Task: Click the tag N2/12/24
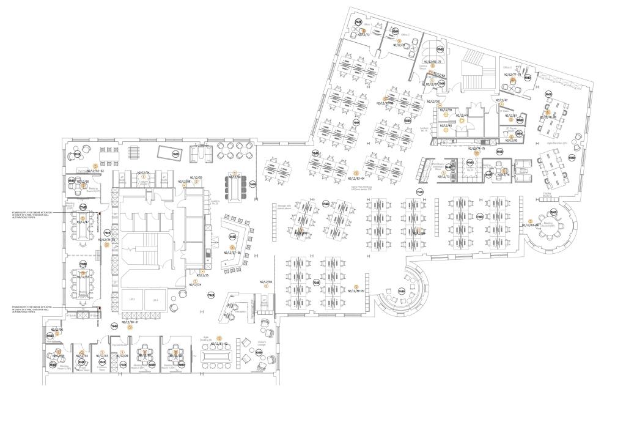pos(195,285)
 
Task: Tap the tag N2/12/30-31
pos(130,322)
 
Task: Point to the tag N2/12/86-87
pos(356,290)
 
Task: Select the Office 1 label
pos(358,24)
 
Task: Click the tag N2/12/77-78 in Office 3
pos(512,75)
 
